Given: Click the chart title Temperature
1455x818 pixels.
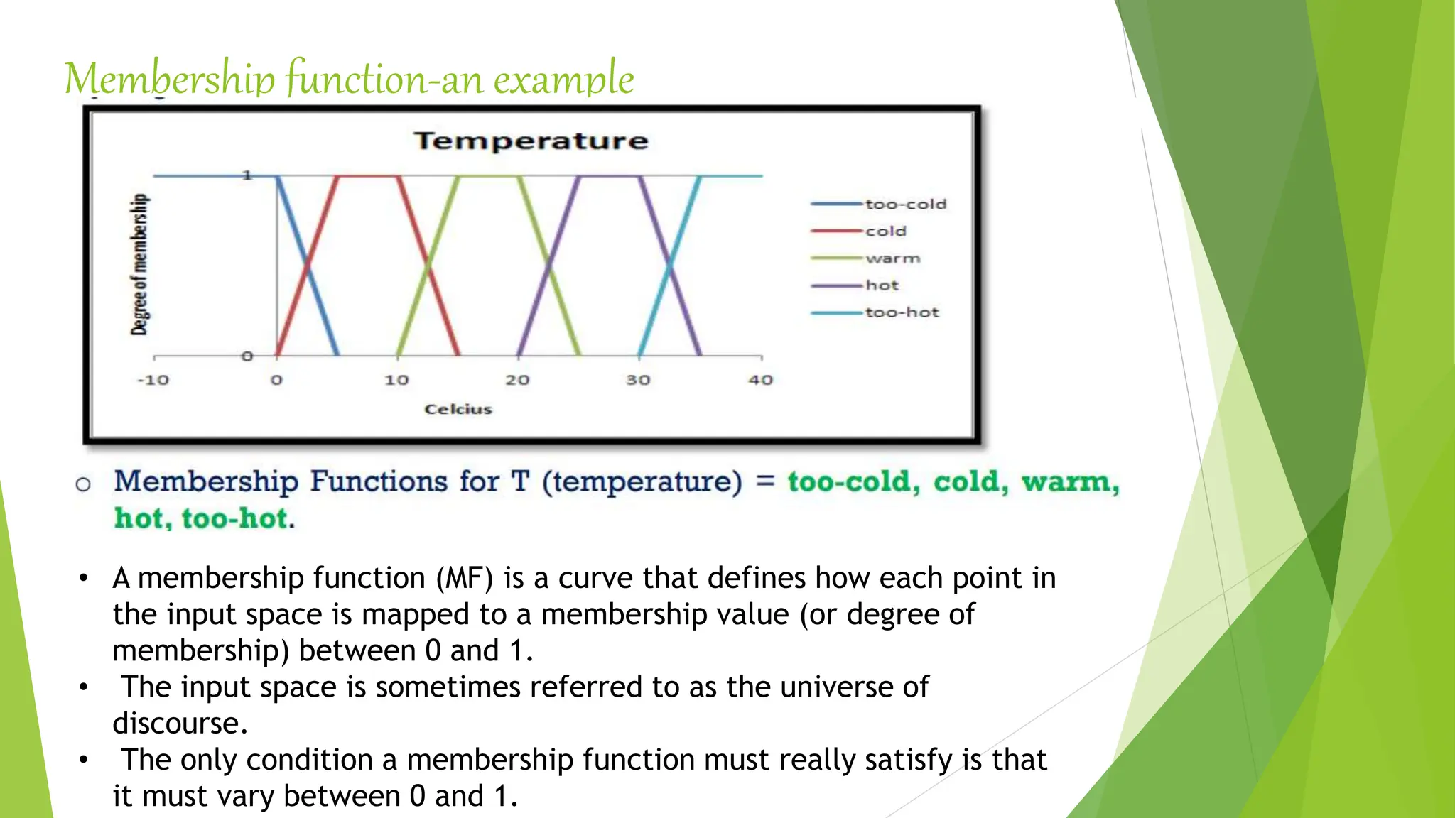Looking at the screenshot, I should point(531,141).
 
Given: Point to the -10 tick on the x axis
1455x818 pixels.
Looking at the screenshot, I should point(153,380).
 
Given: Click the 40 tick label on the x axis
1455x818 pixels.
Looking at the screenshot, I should point(760,380).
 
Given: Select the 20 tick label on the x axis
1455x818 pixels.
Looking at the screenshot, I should point(517,380).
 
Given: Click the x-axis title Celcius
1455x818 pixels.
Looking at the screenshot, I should point(458,409).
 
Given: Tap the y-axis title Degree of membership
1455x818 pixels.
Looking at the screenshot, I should point(140,264).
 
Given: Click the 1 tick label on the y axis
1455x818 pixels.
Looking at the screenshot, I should point(247,175).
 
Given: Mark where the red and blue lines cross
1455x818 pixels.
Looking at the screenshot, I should point(308,266).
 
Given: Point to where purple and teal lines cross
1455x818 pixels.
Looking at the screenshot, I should point(670,266).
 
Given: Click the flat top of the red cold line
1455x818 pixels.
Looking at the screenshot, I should point(367,176).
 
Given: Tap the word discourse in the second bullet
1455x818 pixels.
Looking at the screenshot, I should point(180,724).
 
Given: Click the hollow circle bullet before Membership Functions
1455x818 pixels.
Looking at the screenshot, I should point(83,484).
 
